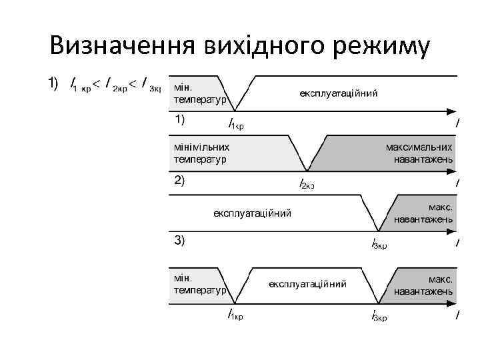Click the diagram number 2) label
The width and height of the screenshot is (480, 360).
tap(180, 180)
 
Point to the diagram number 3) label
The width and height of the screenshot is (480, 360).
tap(180, 240)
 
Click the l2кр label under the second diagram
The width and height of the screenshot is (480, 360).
tap(307, 183)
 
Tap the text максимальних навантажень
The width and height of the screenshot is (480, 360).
tap(419, 153)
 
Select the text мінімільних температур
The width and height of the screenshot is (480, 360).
tap(201, 153)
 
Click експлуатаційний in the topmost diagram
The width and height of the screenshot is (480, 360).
tap(339, 93)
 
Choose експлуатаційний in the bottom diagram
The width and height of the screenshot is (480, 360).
tap(307, 284)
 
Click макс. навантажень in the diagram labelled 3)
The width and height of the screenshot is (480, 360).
tap(423, 213)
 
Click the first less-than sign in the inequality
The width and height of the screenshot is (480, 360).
tap(97, 83)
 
